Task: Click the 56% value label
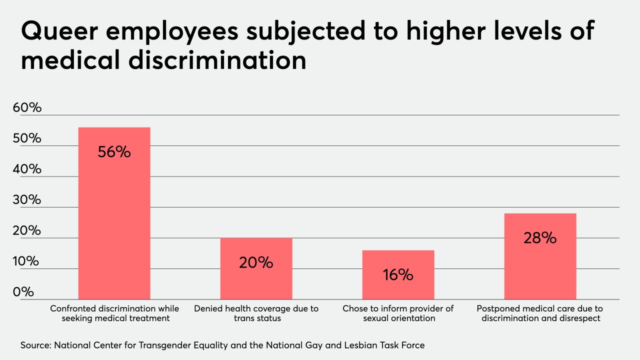[114, 152]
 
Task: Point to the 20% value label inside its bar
[256, 262]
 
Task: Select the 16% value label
[398, 274]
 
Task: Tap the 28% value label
[540, 238]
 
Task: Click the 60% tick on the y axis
[30, 107]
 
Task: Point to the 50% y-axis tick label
[30, 138]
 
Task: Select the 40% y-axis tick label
[30, 169]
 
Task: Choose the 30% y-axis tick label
[30, 200]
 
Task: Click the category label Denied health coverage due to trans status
[256, 313]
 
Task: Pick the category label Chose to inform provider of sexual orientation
[398, 313]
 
